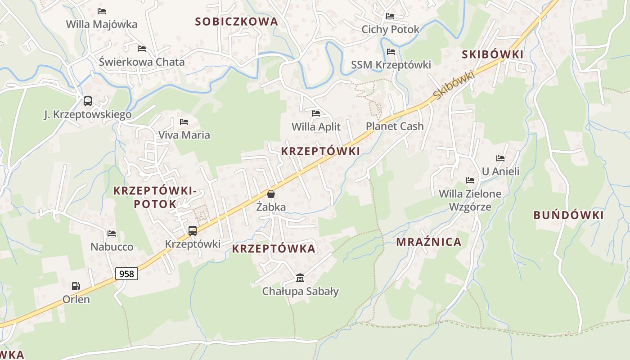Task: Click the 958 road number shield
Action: pyautogui.click(x=126, y=273)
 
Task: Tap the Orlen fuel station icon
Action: pyautogui.click(x=76, y=286)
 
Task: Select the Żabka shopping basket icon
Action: pyautogui.click(x=270, y=194)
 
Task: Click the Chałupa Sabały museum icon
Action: pyautogui.click(x=300, y=278)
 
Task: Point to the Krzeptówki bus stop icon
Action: pyautogui.click(x=193, y=231)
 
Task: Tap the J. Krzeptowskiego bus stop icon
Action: pyautogui.click(x=87, y=101)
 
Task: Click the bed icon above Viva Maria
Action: pyautogui.click(x=184, y=121)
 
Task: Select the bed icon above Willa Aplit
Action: pyautogui.click(x=316, y=113)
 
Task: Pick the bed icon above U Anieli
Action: pyautogui.click(x=500, y=158)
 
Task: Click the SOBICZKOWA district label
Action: pyautogui.click(x=236, y=21)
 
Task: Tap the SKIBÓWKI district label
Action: pyautogui.click(x=493, y=54)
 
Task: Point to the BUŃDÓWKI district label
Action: pyautogui.click(x=568, y=215)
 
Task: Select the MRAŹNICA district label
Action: pyautogui.click(x=429, y=242)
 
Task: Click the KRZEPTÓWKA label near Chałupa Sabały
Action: pyautogui.click(x=274, y=249)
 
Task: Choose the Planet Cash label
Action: pyautogui.click(x=395, y=126)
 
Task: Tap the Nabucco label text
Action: pyautogui.click(x=112, y=247)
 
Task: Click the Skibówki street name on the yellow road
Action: pyautogui.click(x=454, y=85)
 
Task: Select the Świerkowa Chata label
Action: pyautogui.click(x=142, y=62)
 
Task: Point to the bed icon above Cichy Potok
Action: pyautogui.click(x=390, y=16)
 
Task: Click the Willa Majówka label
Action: pyautogui.click(x=102, y=24)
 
